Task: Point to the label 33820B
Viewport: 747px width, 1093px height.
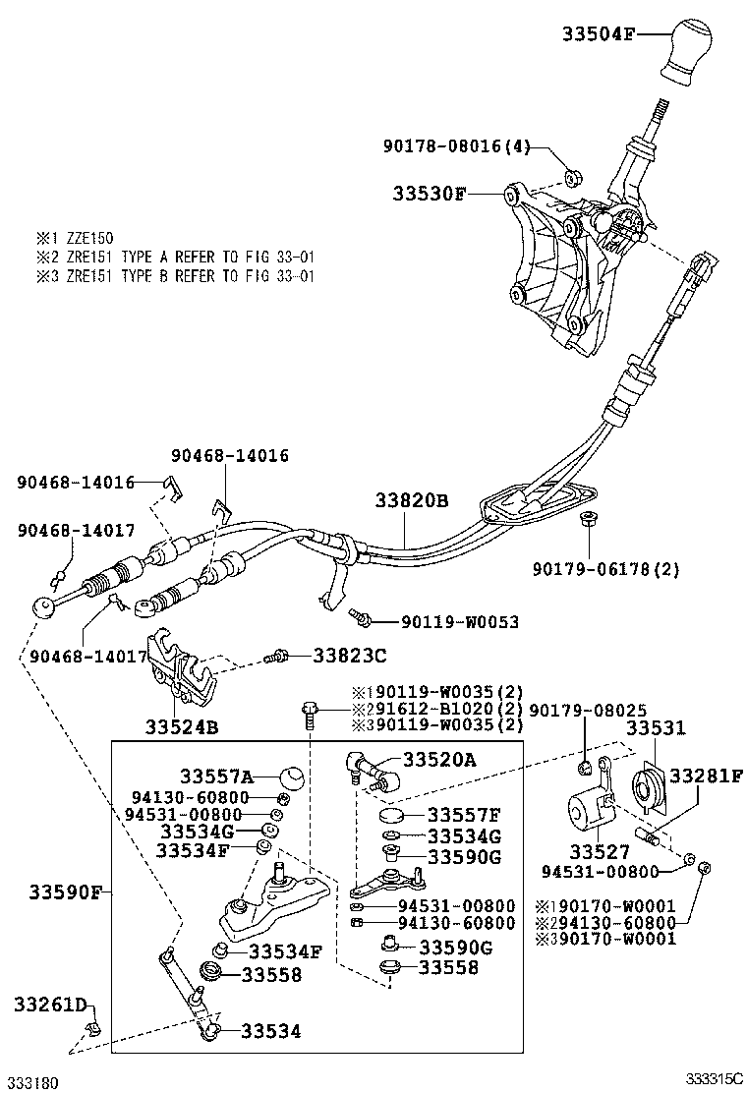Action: point(411,500)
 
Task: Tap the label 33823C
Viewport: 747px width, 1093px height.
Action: point(350,655)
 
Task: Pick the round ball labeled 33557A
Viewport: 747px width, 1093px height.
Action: point(291,777)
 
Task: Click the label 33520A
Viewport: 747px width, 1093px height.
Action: point(439,759)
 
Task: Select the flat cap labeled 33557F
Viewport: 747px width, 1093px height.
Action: point(392,815)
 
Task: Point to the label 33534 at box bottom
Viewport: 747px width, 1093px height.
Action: point(271,1030)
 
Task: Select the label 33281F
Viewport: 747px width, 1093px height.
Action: point(707,776)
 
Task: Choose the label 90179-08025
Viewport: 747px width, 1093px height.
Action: point(588,709)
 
